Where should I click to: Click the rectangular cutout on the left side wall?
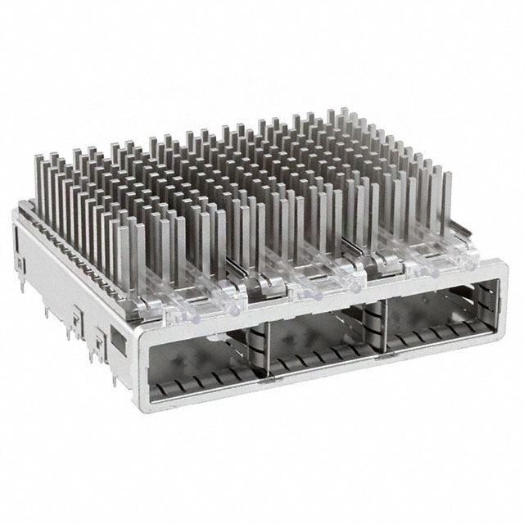[x=116, y=337]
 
